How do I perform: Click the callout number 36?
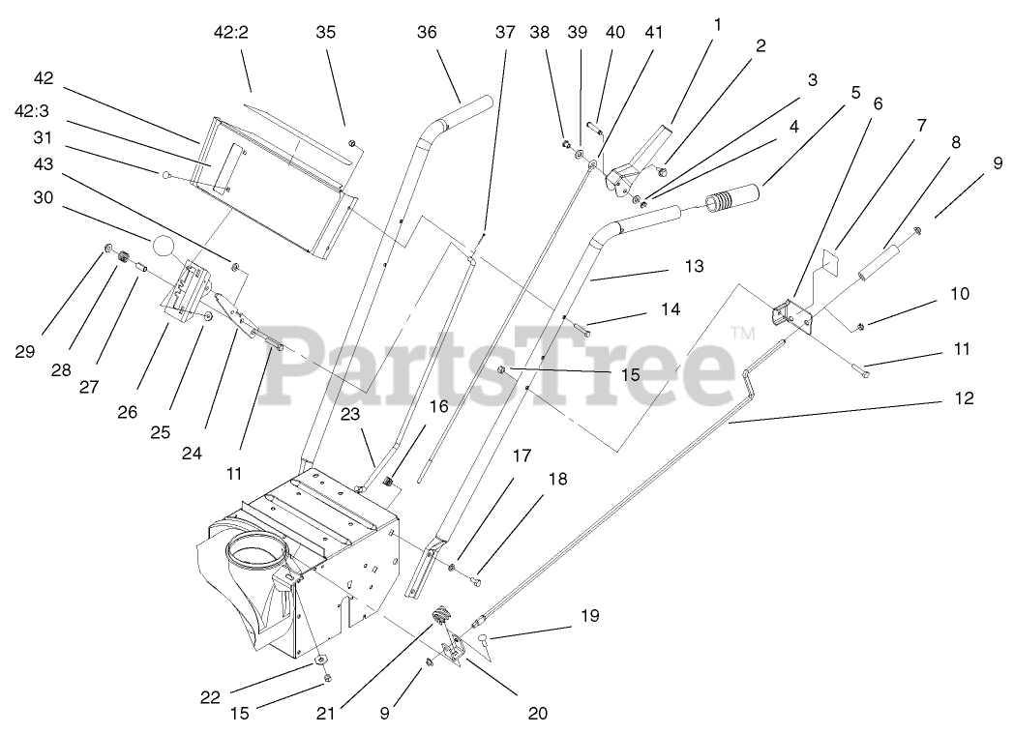[427, 33]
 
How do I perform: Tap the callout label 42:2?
[231, 33]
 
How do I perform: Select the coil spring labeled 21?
[442, 613]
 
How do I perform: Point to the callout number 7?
[921, 126]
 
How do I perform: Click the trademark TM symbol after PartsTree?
[742, 334]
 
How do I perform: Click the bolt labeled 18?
[475, 582]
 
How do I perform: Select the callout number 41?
[654, 33]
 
